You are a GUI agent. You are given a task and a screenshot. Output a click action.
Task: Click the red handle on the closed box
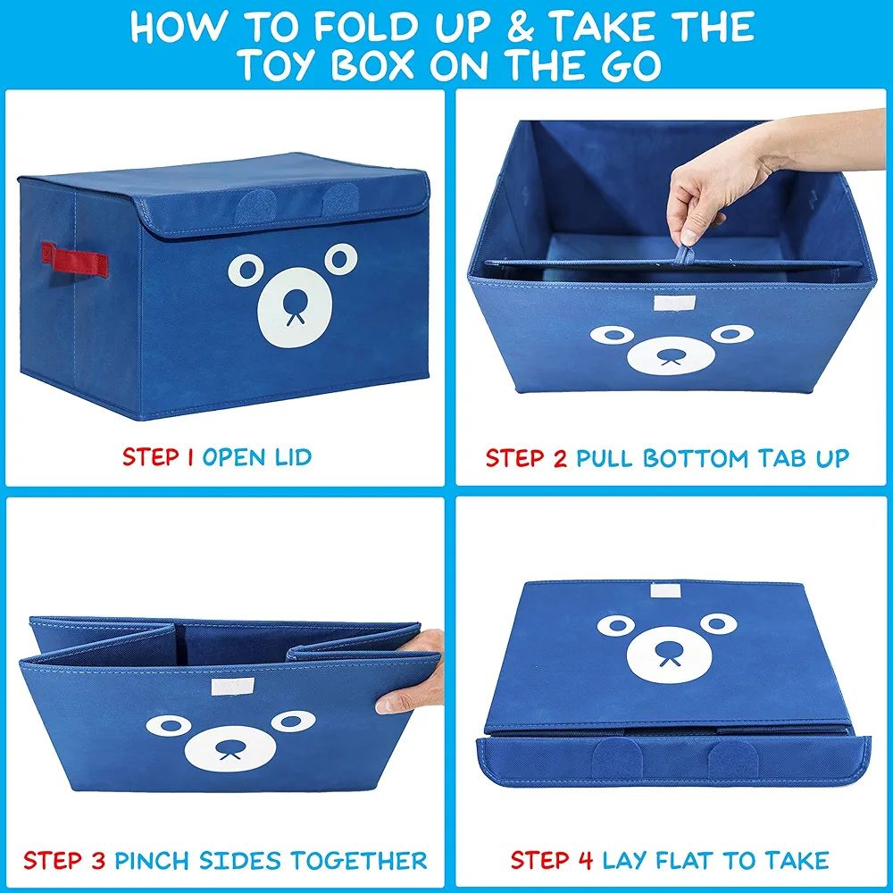click(79, 260)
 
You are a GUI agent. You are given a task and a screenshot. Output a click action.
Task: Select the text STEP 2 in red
click(526, 459)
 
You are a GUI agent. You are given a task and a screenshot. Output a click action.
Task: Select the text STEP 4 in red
click(551, 861)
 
